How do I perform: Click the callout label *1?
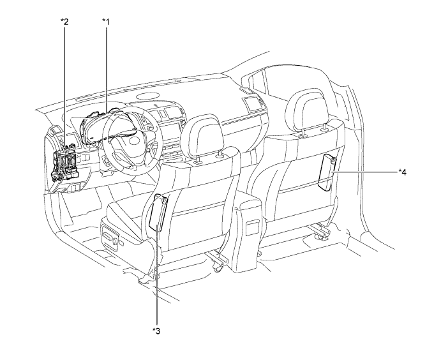(x=106, y=22)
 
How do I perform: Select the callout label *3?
(x=156, y=329)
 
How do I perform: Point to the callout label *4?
(x=403, y=172)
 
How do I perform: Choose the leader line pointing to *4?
(x=364, y=172)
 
